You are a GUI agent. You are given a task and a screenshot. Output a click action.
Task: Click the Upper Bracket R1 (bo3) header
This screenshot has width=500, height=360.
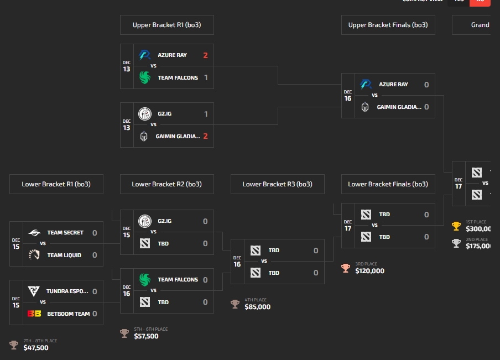pyautogui.click(x=166, y=25)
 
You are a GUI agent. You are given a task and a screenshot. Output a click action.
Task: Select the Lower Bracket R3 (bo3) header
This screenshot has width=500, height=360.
pyautogui.click(x=277, y=184)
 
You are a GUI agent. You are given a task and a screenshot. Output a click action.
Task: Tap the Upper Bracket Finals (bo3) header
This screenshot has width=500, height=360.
pyautogui.click(x=388, y=25)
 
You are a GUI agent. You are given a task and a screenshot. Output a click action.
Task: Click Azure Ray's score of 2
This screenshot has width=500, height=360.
pyautogui.click(x=205, y=55)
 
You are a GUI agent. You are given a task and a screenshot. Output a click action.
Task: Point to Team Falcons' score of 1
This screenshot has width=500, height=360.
pyautogui.click(x=206, y=78)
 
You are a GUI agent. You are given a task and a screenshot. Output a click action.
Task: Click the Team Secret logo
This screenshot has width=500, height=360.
pyautogui.click(x=34, y=233)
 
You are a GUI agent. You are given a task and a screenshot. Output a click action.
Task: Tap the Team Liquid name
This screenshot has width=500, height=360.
pyautogui.click(x=65, y=255)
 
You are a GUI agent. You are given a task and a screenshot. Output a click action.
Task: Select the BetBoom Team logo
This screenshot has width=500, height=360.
pyautogui.click(x=34, y=314)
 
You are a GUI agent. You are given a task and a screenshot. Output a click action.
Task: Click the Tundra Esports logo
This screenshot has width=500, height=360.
pyautogui.click(x=34, y=291)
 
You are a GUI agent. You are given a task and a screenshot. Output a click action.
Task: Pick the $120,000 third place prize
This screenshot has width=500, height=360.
pyautogui.click(x=370, y=271)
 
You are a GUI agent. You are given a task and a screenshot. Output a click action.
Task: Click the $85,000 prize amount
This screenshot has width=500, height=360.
pyautogui.click(x=258, y=307)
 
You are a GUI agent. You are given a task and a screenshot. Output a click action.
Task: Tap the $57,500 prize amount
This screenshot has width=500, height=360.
pyautogui.click(x=147, y=336)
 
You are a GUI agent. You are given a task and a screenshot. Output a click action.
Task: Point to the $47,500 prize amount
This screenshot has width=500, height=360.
pyautogui.click(x=36, y=348)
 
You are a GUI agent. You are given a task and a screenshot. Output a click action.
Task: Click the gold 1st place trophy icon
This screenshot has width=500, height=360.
pyautogui.click(x=456, y=226)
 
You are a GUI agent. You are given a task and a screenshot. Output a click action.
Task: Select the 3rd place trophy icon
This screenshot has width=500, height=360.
pyautogui.click(x=346, y=268)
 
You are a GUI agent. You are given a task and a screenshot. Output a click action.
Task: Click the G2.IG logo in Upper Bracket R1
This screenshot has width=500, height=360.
pyautogui.click(x=145, y=114)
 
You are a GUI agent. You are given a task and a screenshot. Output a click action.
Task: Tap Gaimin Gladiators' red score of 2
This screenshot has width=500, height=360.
pyautogui.click(x=205, y=137)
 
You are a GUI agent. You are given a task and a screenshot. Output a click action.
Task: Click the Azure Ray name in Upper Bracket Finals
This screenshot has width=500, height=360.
pyautogui.click(x=393, y=85)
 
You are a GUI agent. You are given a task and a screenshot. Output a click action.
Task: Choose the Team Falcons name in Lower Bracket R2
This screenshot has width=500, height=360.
pyautogui.click(x=178, y=280)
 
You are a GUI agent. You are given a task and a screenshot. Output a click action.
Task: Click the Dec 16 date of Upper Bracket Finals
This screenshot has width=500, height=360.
pyautogui.click(x=348, y=96)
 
